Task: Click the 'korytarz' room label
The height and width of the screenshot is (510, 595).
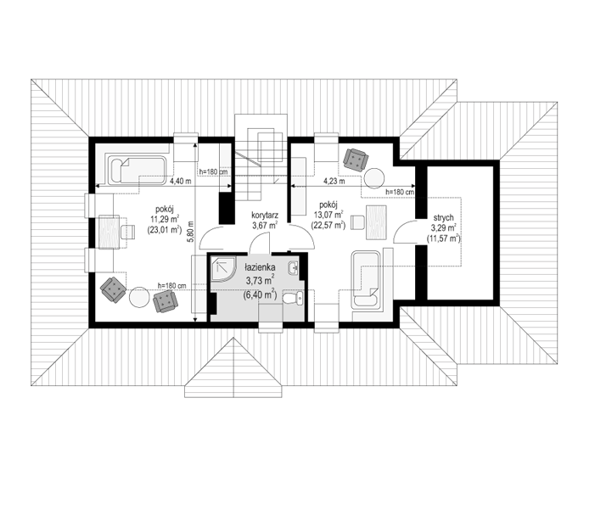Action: (265, 216)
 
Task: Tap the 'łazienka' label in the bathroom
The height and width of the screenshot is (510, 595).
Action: (260, 267)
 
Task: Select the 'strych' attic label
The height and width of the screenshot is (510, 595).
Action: (443, 218)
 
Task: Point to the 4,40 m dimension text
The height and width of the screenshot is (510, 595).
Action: (180, 181)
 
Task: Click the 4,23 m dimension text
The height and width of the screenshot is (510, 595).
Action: (334, 181)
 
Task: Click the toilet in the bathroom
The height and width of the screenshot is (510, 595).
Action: (294, 298)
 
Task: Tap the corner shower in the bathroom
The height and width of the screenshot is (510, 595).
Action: (223, 269)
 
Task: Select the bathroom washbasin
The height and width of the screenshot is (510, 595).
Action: (294, 268)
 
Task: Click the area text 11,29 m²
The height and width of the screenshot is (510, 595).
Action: (165, 219)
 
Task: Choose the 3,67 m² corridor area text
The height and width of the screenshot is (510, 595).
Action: (265, 226)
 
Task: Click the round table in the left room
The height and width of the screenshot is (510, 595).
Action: (139, 297)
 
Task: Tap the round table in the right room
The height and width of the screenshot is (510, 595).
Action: (374, 177)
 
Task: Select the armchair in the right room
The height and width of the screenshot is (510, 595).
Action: (356, 160)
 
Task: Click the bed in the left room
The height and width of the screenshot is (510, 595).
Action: (137, 170)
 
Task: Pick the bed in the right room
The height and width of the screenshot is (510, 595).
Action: (366, 279)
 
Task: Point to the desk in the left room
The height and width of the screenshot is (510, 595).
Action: (109, 232)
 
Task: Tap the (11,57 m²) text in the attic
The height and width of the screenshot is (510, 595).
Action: (443, 239)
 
